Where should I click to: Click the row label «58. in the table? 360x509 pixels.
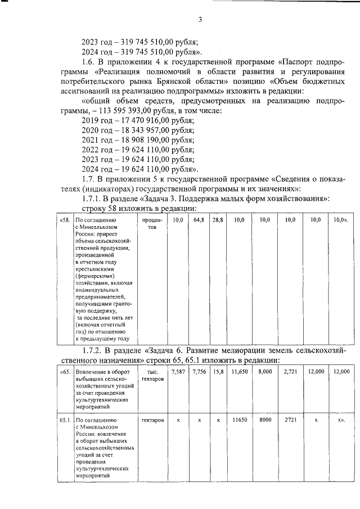65,220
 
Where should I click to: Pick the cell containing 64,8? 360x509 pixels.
199,220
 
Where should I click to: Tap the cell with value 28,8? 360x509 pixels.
218,220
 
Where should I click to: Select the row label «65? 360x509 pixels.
65,372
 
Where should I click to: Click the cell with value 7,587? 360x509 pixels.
177,372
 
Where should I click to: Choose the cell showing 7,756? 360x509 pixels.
199,372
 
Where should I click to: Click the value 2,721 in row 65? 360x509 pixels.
290,372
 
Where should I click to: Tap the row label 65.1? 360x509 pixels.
64,420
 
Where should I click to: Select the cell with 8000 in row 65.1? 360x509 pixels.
265,420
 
